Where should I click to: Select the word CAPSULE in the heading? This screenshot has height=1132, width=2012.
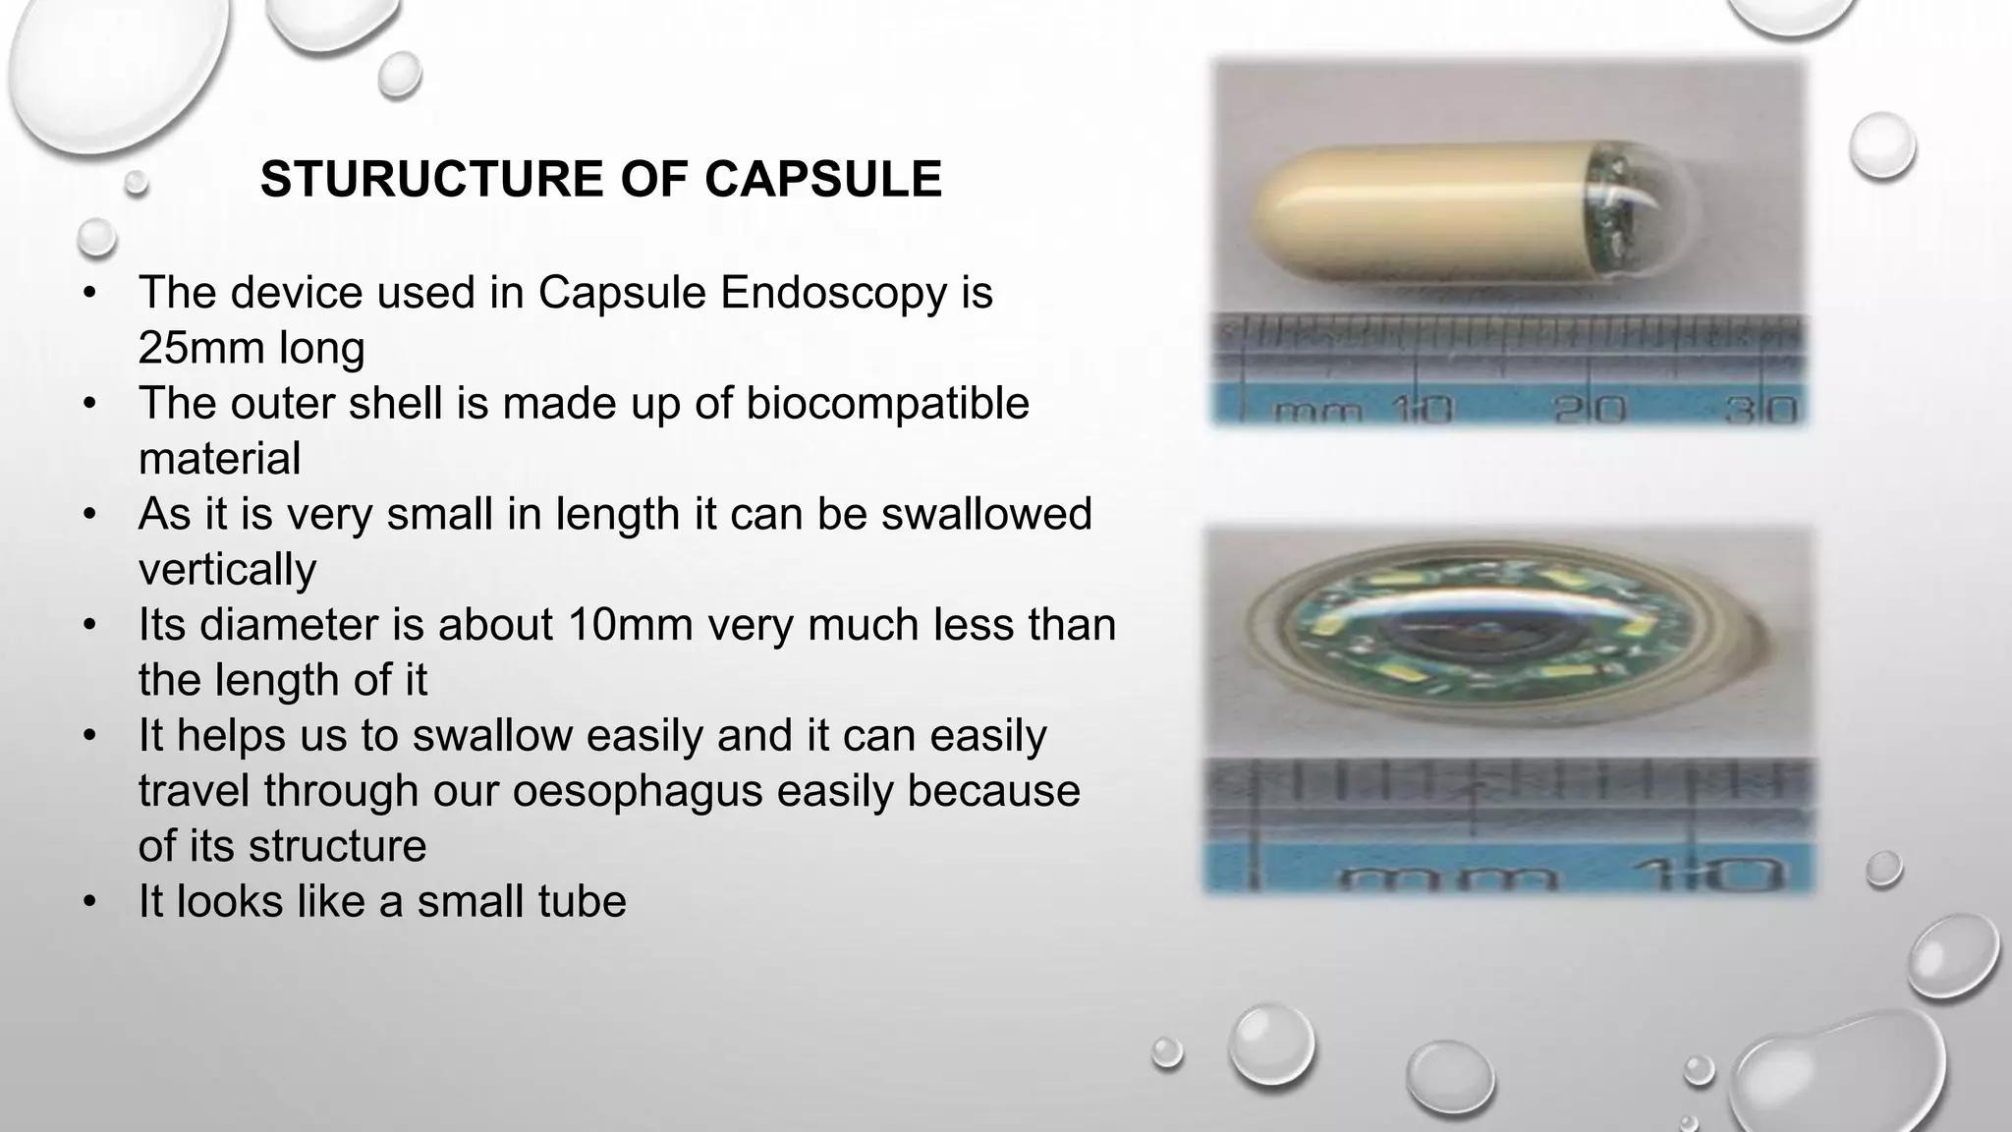(823, 180)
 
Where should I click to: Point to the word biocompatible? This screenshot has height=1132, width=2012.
(887, 403)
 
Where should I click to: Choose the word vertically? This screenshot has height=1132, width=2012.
(227, 569)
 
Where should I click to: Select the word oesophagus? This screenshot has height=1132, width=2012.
(637, 790)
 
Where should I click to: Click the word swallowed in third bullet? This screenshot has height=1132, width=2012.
(986, 514)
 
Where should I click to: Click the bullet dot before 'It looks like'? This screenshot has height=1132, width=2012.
(90, 901)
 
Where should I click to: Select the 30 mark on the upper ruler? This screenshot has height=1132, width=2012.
(1760, 409)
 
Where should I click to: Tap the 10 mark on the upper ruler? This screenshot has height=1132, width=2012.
(1420, 409)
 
